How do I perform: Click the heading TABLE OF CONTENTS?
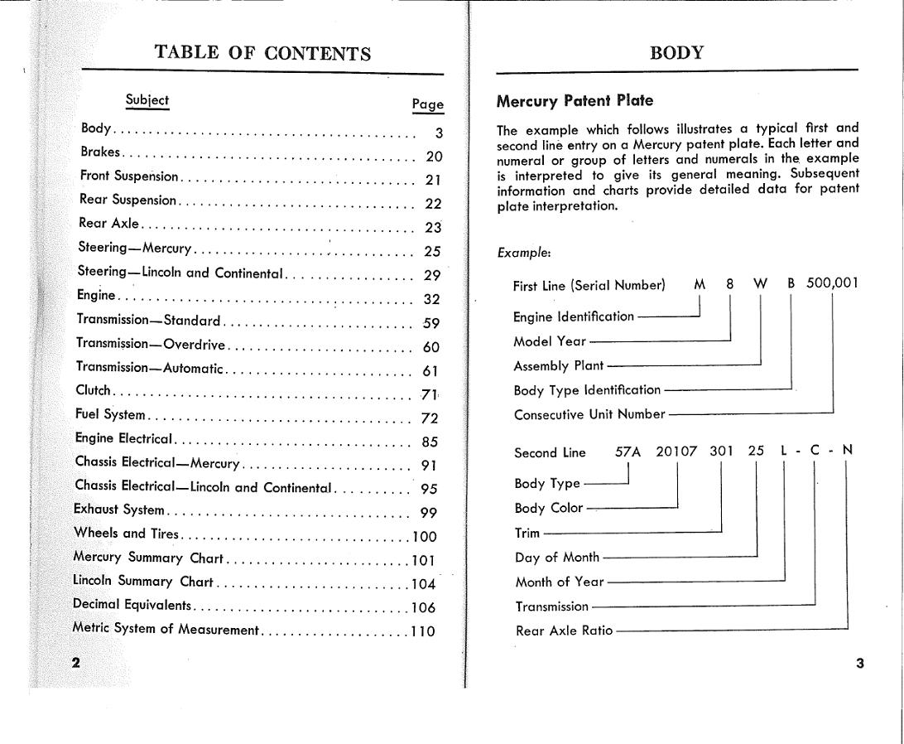point(262,54)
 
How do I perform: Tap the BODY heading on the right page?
point(676,54)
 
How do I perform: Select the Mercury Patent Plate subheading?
point(575,101)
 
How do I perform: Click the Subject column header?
point(147,100)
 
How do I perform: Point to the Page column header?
point(427,104)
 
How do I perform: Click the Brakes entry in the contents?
point(100,152)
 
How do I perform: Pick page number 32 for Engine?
point(431,300)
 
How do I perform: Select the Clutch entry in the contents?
point(93,390)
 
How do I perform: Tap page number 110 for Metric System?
point(423,631)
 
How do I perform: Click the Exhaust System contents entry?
point(119,510)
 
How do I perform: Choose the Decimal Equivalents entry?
point(132,605)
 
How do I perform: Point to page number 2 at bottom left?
point(76,662)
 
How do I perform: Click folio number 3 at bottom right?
point(859,663)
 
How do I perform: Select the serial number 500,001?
point(832,283)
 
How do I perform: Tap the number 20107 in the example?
point(676,452)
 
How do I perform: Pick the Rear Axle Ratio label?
point(564,630)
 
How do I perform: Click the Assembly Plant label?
point(559,365)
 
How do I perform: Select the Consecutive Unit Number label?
point(589,414)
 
